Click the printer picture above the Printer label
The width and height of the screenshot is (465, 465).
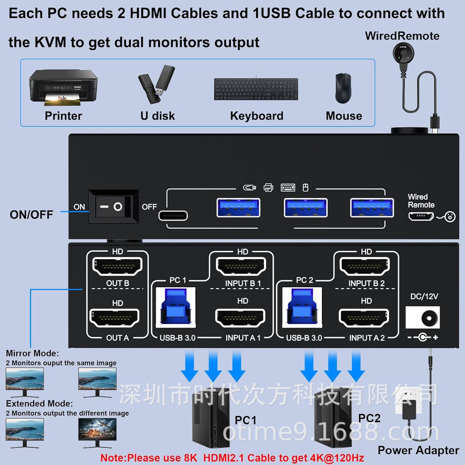63,87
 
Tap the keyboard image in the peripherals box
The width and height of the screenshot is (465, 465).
256,89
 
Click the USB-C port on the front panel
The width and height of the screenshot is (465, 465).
173,215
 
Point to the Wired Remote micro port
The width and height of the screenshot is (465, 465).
421,216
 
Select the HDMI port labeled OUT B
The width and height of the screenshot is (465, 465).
117,266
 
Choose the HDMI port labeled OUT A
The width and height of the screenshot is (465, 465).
114,317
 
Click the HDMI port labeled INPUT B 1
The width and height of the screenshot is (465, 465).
241,266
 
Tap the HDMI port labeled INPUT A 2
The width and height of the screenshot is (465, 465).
364,317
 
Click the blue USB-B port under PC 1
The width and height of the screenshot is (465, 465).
176,308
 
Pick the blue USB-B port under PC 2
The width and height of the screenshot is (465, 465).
302,308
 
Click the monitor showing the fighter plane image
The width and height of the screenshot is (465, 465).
97,429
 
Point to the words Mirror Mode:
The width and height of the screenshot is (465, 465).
32,353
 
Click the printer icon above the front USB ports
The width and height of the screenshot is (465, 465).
268,188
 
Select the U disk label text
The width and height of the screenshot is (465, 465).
157,116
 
